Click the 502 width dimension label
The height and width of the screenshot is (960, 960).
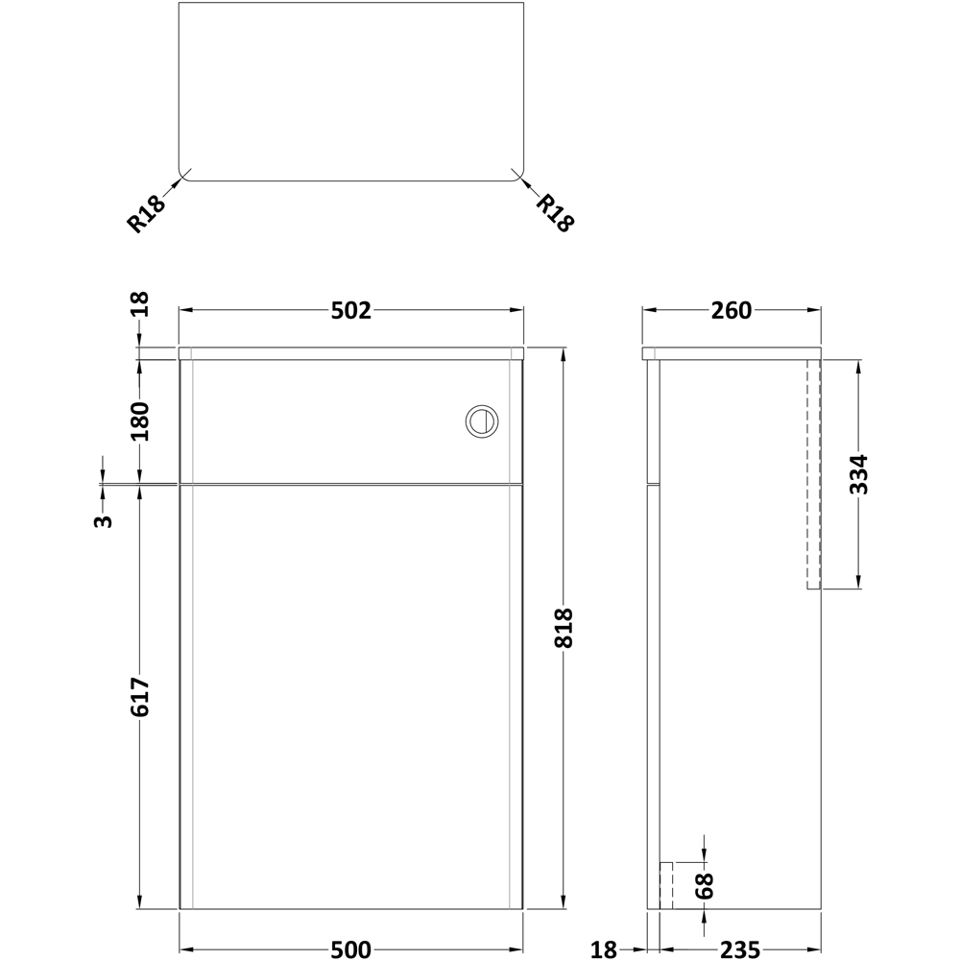(x=350, y=311)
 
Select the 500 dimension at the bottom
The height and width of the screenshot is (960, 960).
(x=350, y=949)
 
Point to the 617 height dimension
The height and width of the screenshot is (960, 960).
(x=139, y=697)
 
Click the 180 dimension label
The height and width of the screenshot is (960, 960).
(x=139, y=421)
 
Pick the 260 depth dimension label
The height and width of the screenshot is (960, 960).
(x=731, y=311)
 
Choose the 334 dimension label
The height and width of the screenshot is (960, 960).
(x=858, y=474)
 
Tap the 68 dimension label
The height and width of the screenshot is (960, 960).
(x=705, y=886)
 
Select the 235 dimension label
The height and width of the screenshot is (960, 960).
(x=739, y=949)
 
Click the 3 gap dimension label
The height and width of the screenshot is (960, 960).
(x=103, y=521)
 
